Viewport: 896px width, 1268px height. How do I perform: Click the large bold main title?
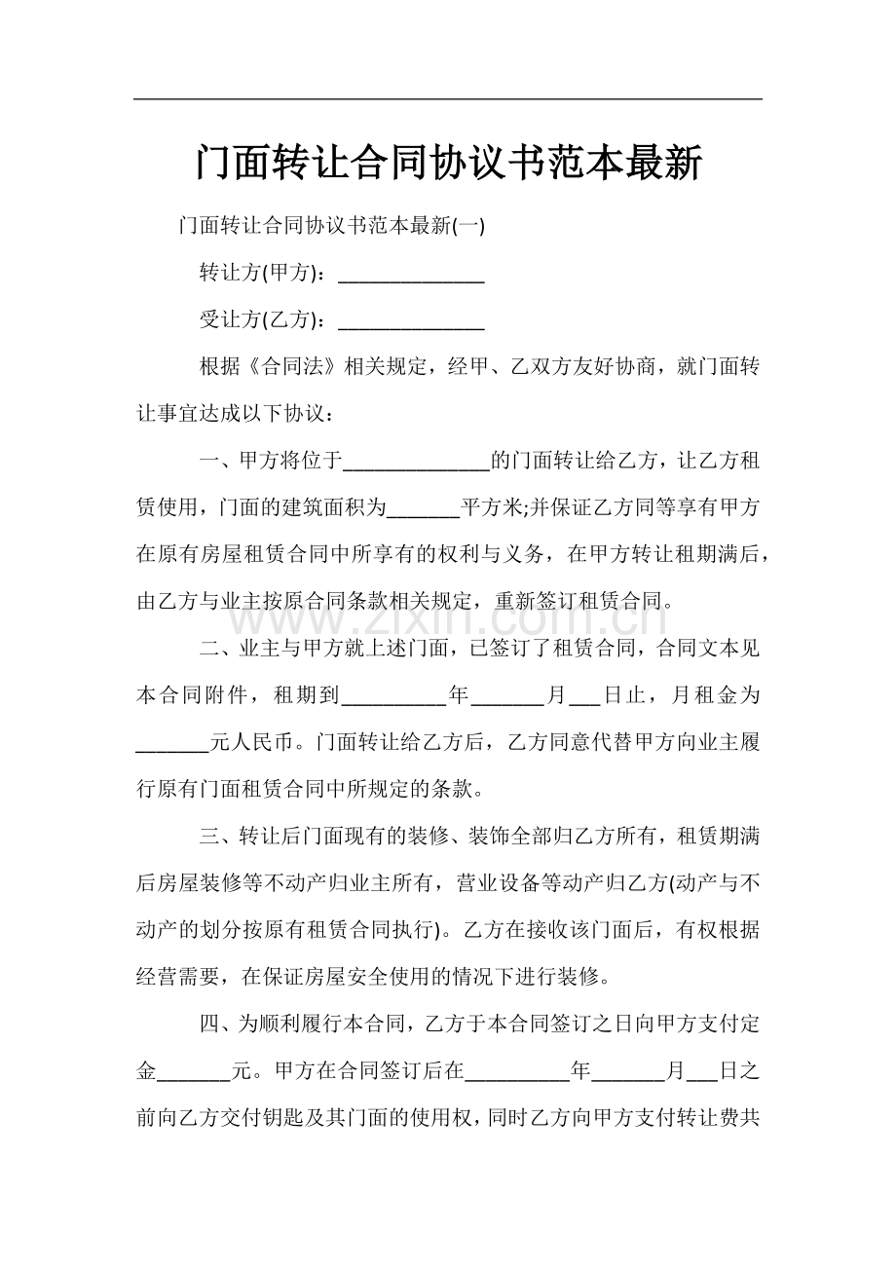pyautogui.click(x=447, y=163)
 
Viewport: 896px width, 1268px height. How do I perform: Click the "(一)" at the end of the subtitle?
pyautogui.click(x=469, y=226)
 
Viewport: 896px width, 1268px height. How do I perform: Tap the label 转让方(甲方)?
pyautogui.click(x=260, y=274)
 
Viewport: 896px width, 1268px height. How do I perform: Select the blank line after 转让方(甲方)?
pyautogui.click(x=411, y=277)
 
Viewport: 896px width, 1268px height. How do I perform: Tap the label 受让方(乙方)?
pyautogui.click(x=260, y=320)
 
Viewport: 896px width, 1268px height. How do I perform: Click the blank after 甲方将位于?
pyautogui.click(x=418, y=463)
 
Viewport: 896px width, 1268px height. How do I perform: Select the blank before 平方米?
pyautogui.click(x=424, y=509)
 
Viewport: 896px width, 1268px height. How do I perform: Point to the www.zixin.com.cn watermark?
pyautogui.click(x=447, y=616)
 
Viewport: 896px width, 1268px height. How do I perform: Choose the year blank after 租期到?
pyautogui.click(x=394, y=697)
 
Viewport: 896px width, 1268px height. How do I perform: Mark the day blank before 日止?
pyautogui.click(x=584, y=697)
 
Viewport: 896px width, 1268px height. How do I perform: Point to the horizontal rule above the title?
pyautogui.click(x=447, y=98)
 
